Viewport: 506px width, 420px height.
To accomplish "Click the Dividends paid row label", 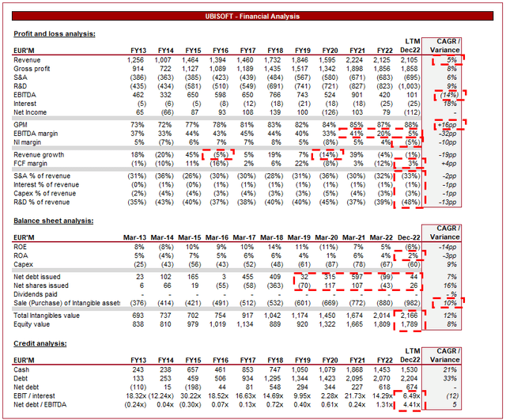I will click(37, 294).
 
